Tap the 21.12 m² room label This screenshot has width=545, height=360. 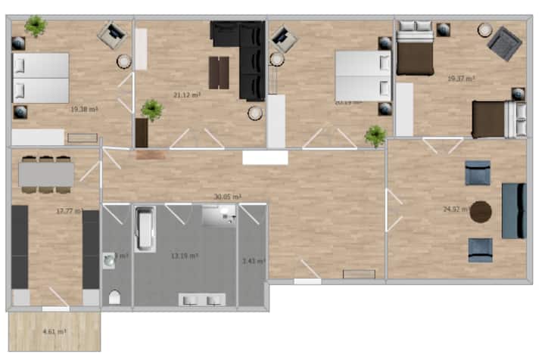coord(186,95)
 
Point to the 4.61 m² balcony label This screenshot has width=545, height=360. coord(54,331)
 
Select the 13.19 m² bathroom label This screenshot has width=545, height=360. coord(185,256)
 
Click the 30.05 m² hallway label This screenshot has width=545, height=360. coord(227,197)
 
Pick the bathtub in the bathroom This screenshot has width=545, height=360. coord(145,229)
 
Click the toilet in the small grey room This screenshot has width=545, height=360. coord(114,296)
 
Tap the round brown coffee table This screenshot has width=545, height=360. coord(481,212)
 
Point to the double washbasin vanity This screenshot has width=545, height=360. coord(201,299)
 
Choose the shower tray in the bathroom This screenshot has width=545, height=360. coord(220,216)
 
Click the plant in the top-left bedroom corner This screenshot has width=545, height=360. coord(35,26)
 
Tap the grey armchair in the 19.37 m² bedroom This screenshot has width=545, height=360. coord(503,44)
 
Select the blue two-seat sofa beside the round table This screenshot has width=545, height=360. coord(513,210)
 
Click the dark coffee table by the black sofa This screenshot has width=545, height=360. coord(219,73)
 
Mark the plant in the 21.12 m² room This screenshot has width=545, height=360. coord(151,110)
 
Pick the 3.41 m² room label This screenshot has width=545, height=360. coord(253,261)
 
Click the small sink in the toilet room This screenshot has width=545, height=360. coord(110,259)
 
